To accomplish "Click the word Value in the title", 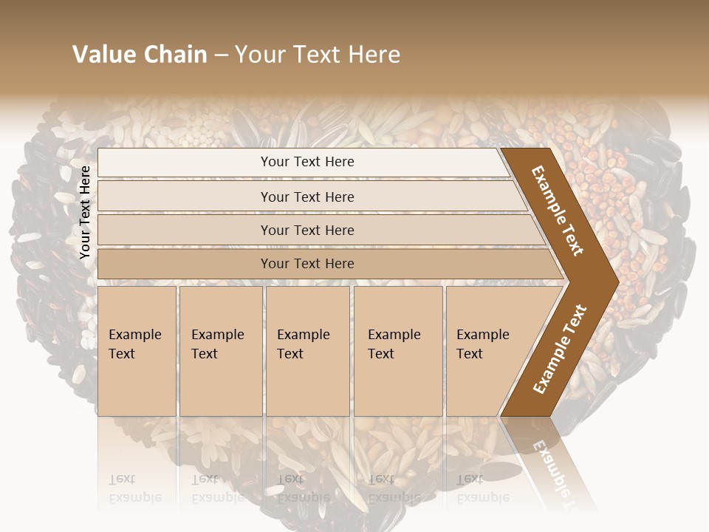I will click(x=103, y=55).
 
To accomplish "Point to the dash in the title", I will click(x=221, y=55).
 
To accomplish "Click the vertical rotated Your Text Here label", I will click(x=85, y=213).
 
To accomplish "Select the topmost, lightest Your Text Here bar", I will click(x=307, y=162).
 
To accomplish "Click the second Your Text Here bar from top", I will click(x=307, y=197).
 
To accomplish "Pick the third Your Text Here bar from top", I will click(x=307, y=231).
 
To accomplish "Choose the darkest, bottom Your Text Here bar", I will click(x=307, y=264).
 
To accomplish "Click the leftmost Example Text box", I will click(x=137, y=351).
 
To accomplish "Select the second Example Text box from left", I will click(x=220, y=351).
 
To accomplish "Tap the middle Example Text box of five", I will click(x=306, y=351).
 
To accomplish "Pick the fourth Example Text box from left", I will click(x=397, y=351).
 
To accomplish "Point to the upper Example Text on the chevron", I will click(x=558, y=211).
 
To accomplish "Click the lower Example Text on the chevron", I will click(x=559, y=349).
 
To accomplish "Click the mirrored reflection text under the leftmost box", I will click(x=135, y=488).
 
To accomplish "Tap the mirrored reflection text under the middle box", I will click(x=304, y=488).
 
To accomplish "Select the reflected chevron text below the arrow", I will click(x=554, y=465).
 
